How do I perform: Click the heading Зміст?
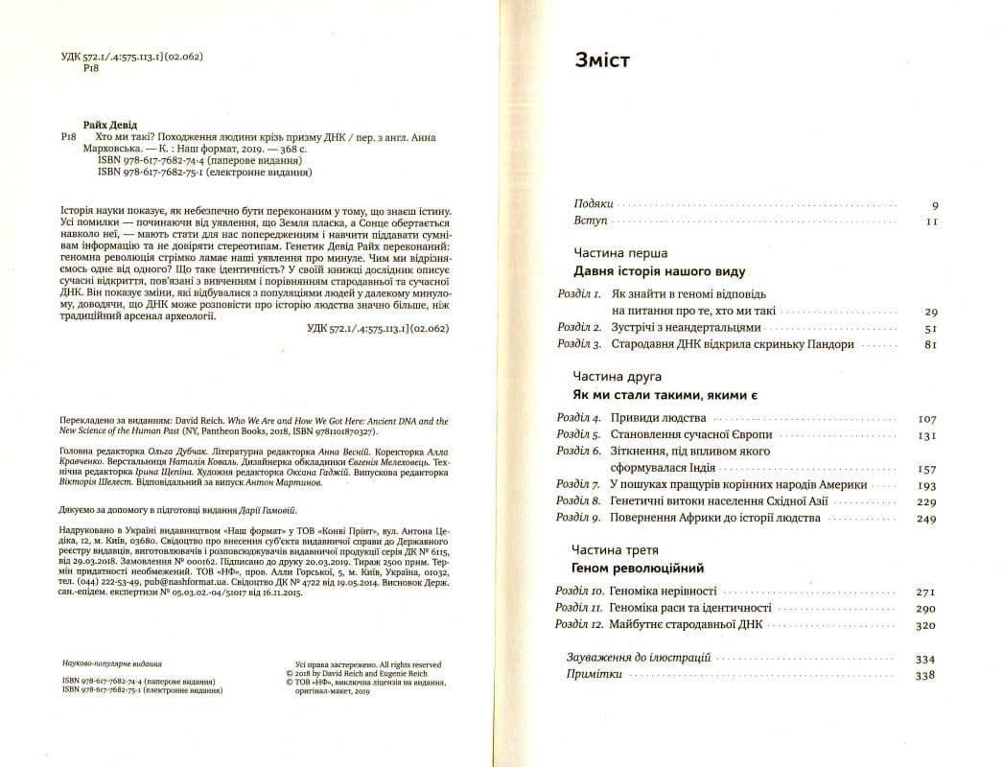pyautogui.click(x=602, y=61)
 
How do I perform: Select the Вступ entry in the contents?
pyautogui.click(x=591, y=221)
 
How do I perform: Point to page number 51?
pyautogui.click(x=930, y=328)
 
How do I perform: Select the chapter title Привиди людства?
pyautogui.click(x=658, y=419)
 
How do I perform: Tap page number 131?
pyautogui.click(x=927, y=434)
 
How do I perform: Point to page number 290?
pyautogui.click(x=926, y=609)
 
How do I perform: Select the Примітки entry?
pyautogui.click(x=595, y=675)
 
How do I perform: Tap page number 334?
pyautogui.click(x=926, y=660)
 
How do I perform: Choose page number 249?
pyautogui.click(x=926, y=518)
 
